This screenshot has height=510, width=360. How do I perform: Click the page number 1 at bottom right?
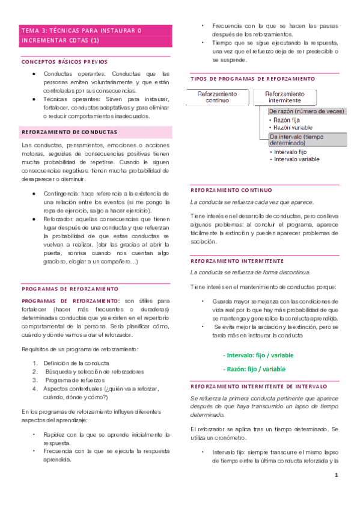click(337, 476)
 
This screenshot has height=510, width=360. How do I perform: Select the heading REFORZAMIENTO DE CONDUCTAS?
click(69, 131)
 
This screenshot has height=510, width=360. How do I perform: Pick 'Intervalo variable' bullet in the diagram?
click(296, 159)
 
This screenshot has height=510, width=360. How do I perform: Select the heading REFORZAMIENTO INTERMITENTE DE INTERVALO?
click(258, 386)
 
